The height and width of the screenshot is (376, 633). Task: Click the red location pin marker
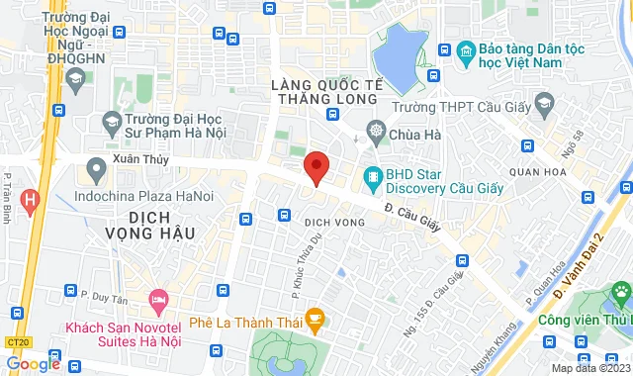[316, 168]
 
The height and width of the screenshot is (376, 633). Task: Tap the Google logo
[33, 364]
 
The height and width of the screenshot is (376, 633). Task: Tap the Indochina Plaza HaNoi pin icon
[96, 171]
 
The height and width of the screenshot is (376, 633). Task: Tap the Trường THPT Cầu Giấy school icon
[544, 102]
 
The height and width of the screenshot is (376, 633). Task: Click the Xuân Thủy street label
[141, 159]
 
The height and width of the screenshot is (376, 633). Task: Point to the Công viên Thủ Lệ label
[584, 320]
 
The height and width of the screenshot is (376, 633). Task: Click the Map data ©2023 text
[589, 369]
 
